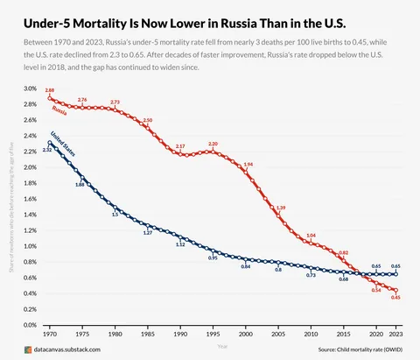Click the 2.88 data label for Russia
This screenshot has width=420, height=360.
pyautogui.click(x=50, y=91)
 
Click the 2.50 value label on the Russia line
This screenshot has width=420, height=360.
pyautogui.click(x=147, y=120)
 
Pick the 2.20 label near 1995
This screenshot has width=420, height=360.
pyautogui.click(x=213, y=143)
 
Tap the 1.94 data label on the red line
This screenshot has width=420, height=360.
pyautogui.click(x=248, y=164)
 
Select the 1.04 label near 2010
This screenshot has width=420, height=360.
pyautogui.click(x=311, y=235)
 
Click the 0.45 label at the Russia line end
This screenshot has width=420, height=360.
pyautogui.click(x=395, y=298)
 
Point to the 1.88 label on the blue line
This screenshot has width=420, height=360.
pyautogui.click(x=80, y=185)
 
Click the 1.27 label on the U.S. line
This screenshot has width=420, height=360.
pyautogui.click(x=148, y=233)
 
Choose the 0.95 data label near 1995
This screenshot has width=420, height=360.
pyautogui.click(x=213, y=258)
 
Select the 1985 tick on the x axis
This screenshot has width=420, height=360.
pyautogui.click(x=148, y=335)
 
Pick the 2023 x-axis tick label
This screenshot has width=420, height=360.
pyautogui.click(x=395, y=335)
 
